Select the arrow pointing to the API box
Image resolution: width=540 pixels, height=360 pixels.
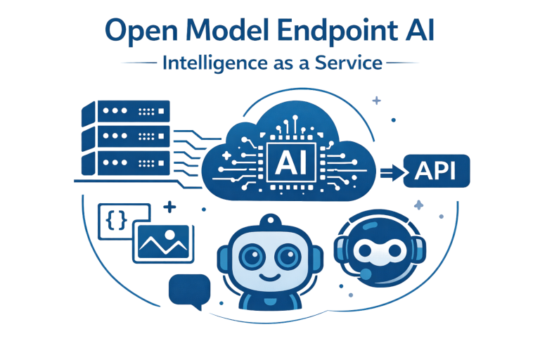(x=388, y=172)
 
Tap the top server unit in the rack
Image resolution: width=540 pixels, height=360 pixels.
(x=127, y=112)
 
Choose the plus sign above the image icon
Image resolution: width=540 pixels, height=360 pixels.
(x=169, y=207)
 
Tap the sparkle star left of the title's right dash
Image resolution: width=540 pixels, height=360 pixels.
(x=377, y=101)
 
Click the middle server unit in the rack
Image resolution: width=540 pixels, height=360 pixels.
(x=127, y=137)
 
